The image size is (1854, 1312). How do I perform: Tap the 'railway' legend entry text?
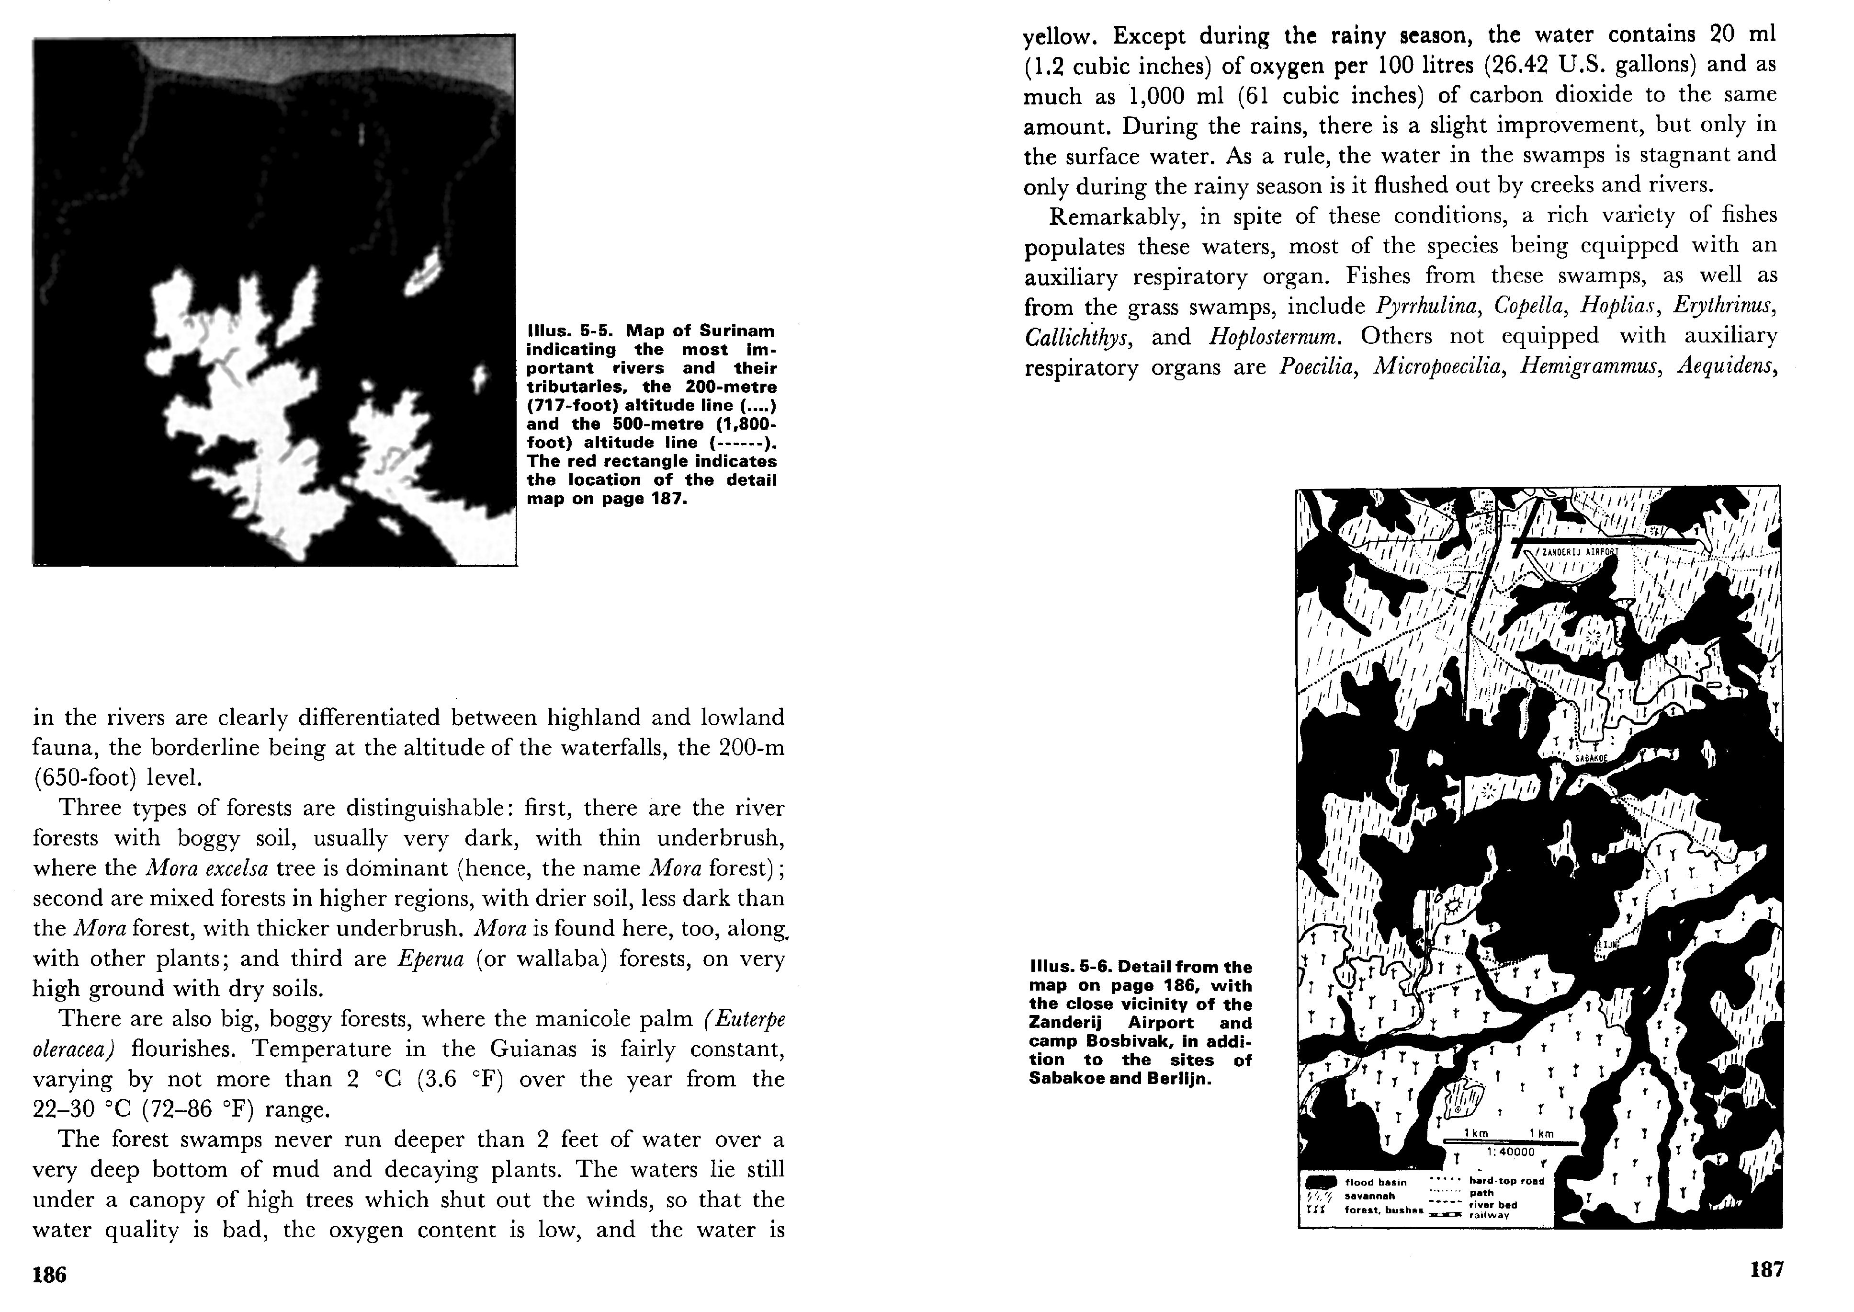click(1489, 1215)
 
